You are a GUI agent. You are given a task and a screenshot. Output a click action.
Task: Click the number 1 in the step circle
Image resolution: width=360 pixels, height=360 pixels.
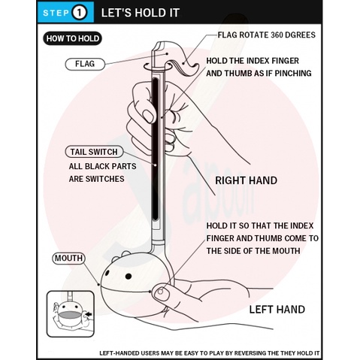(79, 13)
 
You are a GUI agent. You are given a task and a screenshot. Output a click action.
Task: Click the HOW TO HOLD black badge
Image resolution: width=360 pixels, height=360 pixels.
(73, 38)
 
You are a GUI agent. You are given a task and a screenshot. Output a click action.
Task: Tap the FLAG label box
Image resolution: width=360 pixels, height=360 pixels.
(85, 64)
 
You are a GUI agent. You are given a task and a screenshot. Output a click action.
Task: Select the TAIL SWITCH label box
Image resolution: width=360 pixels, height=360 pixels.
(94, 152)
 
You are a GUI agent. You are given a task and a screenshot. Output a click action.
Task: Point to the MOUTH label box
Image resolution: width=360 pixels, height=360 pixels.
(68, 259)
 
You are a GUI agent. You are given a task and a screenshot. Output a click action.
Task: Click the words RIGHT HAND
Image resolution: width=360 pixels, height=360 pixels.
(247, 180)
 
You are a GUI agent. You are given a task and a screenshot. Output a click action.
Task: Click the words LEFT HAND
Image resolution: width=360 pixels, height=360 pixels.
(277, 310)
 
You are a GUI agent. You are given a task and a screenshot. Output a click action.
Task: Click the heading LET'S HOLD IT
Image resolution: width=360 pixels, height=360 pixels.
(141, 13)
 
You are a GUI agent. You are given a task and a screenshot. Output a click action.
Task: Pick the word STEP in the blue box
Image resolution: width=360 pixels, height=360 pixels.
(56, 13)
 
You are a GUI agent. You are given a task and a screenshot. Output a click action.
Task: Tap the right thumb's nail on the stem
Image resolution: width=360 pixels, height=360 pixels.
(148, 116)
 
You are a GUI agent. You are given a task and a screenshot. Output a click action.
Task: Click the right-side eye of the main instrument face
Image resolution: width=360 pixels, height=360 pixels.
(129, 277)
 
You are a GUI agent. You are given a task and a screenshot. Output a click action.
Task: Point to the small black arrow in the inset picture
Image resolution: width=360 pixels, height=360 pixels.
(89, 314)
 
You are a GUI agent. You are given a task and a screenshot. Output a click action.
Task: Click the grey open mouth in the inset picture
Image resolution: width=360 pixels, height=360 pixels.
(70, 315)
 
